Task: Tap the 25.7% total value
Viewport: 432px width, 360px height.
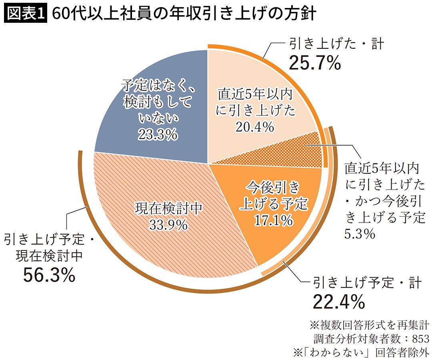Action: [314, 63]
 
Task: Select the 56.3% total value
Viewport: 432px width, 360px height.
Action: [49, 274]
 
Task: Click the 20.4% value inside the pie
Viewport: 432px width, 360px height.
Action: [255, 127]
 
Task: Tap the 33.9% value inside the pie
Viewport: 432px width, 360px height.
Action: [168, 225]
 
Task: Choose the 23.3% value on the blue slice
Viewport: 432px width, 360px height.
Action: [157, 135]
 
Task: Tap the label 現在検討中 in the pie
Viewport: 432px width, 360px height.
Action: [168, 209]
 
